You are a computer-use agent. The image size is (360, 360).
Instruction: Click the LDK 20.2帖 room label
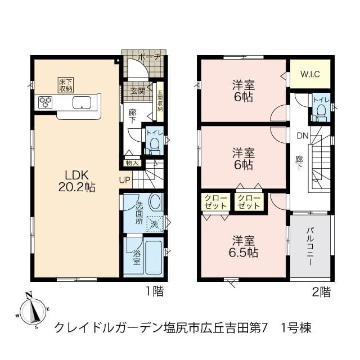click(77, 181)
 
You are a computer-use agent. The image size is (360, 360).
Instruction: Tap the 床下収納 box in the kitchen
click(66, 85)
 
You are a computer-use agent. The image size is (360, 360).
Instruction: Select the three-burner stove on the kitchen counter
click(45, 102)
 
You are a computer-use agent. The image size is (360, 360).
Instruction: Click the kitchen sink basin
click(82, 102)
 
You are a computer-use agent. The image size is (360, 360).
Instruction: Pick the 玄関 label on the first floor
click(138, 91)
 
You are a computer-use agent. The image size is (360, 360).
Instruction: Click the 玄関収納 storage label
click(160, 101)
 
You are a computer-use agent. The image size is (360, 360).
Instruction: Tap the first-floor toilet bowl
click(155, 145)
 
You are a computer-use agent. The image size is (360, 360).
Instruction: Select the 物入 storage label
click(133, 163)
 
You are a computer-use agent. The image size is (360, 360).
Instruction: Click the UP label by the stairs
click(125, 180)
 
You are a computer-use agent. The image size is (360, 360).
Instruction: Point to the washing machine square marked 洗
click(155, 224)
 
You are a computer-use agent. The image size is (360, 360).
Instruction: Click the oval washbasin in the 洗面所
click(155, 201)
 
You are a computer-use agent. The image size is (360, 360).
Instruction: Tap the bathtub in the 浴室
click(154, 258)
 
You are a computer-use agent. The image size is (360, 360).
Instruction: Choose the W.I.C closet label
click(310, 74)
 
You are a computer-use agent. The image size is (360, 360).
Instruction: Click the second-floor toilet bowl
click(321, 112)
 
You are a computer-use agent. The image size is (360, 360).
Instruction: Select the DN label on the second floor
click(303, 136)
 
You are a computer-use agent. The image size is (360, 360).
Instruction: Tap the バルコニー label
click(310, 246)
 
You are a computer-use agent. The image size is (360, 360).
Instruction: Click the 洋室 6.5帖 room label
click(244, 246)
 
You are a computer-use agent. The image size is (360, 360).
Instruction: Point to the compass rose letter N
click(29, 295)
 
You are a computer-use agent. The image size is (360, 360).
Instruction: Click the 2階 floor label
click(321, 292)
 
